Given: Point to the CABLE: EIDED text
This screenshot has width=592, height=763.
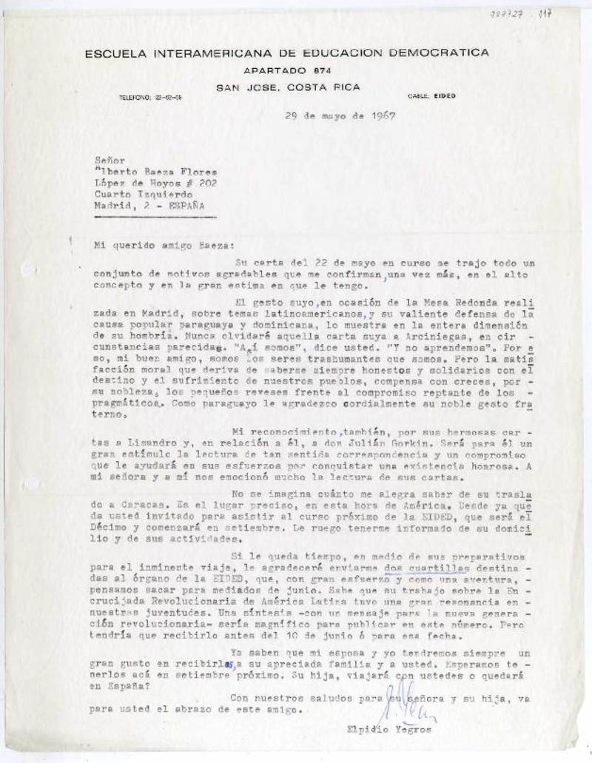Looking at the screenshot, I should point(431,96).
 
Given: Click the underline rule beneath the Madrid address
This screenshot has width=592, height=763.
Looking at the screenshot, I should point(155,218).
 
